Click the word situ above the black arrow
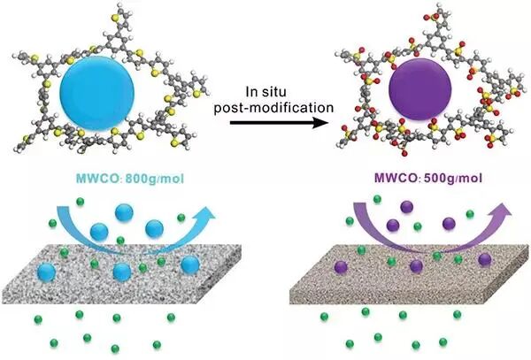pos(301,92)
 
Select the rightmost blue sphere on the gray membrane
pos(190,264)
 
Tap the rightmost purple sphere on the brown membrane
pos(485,259)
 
